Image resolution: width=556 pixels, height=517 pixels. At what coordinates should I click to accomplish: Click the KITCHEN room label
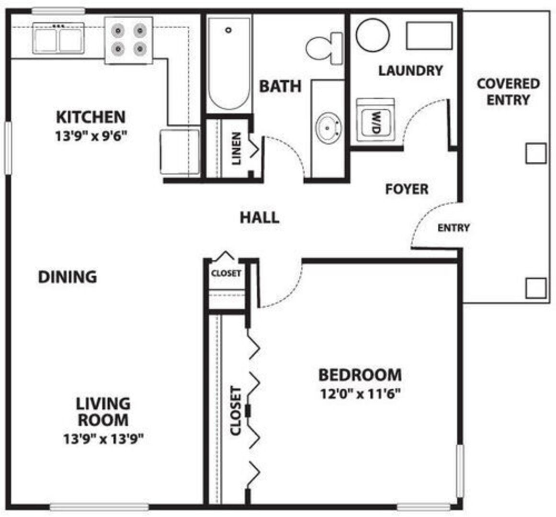pyautogui.click(x=91, y=117)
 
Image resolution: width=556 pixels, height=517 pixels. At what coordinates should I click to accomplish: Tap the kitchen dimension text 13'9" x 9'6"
pyautogui.click(x=91, y=136)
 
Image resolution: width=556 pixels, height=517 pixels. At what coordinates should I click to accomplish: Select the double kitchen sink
pyautogui.click(x=58, y=38)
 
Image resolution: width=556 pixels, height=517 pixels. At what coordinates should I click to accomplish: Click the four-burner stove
pyautogui.click(x=129, y=40)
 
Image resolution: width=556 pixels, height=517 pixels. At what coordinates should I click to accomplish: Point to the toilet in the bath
pyautogui.click(x=324, y=48)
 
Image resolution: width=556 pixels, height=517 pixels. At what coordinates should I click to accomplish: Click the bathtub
pyautogui.click(x=229, y=63)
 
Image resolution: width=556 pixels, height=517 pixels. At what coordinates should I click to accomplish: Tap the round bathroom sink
pyautogui.click(x=329, y=127)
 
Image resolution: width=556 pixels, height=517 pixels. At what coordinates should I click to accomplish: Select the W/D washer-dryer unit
pyautogui.click(x=375, y=120)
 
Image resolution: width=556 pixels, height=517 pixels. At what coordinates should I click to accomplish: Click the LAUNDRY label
pyautogui.click(x=410, y=70)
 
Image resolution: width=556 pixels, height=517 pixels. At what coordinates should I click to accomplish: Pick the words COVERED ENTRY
pyautogui.click(x=508, y=92)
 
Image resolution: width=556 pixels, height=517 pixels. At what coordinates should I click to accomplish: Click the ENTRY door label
pyautogui.click(x=454, y=227)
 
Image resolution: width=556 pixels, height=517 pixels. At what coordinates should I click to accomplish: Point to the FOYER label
pyautogui.click(x=407, y=189)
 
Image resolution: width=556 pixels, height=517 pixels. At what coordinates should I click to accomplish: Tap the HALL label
pyautogui.click(x=260, y=217)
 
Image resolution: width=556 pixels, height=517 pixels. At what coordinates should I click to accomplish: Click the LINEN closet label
pyautogui.click(x=236, y=148)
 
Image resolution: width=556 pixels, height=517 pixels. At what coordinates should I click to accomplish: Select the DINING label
pyautogui.click(x=68, y=277)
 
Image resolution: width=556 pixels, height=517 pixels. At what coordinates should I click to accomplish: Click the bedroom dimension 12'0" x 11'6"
pyautogui.click(x=360, y=393)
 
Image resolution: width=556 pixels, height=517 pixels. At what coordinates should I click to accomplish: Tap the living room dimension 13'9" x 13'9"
pyautogui.click(x=103, y=439)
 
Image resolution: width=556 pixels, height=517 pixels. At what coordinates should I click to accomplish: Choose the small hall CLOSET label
pyautogui.click(x=226, y=273)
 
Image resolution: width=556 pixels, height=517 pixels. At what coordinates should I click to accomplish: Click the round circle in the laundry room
pyautogui.click(x=373, y=35)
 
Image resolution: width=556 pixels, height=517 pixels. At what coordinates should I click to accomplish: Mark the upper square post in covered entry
pyautogui.click(x=535, y=153)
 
